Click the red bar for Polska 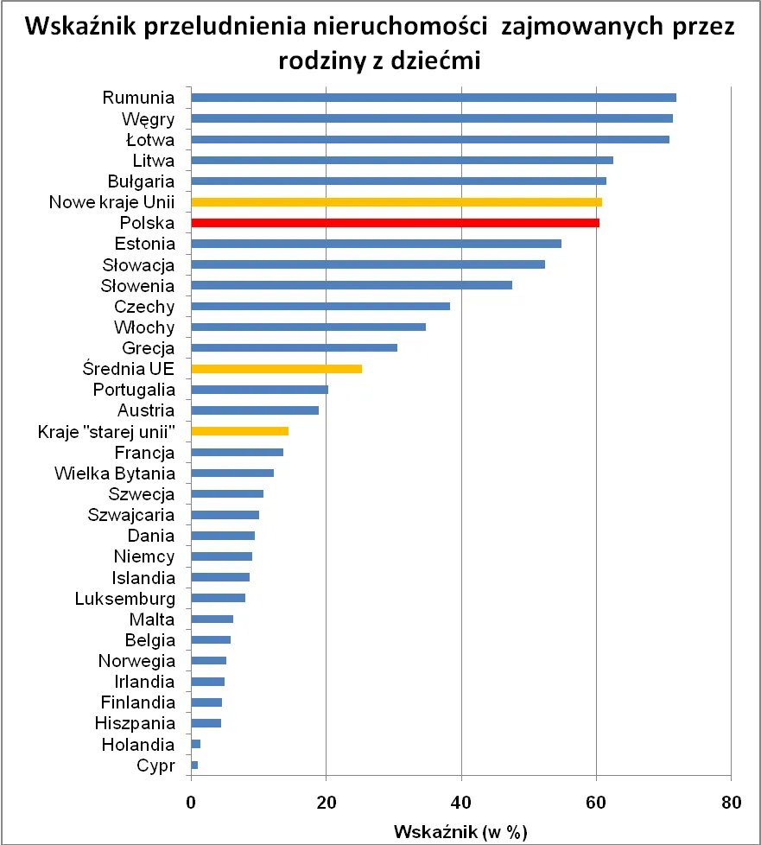(x=395, y=223)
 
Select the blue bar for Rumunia (x=433, y=98)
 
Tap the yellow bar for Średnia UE (x=276, y=369)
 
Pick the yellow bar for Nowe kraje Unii (x=396, y=202)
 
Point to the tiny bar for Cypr (x=194, y=766)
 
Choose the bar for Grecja (x=294, y=348)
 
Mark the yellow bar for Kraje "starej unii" (x=239, y=431)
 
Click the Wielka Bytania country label (x=114, y=473)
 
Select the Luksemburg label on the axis (x=124, y=599)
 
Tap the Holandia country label (x=138, y=745)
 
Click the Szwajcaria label (x=131, y=516)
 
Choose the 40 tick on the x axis (x=461, y=800)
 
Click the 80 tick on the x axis (x=731, y=800)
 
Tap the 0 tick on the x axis (x=191, y=800)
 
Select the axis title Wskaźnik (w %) (x=460, y=831)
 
